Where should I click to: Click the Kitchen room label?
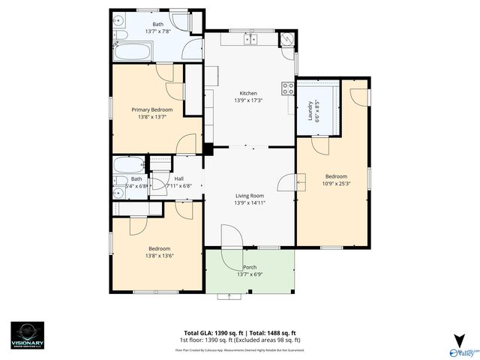(247, 92)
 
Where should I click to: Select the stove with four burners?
(287, 88)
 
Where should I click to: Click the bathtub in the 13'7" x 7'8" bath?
(133, 53)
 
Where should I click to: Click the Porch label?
(250, 267)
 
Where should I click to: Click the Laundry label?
(310, 110)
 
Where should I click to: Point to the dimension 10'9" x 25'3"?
(336, 183)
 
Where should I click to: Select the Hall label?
(179, 178)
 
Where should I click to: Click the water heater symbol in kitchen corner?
(287, 40)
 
